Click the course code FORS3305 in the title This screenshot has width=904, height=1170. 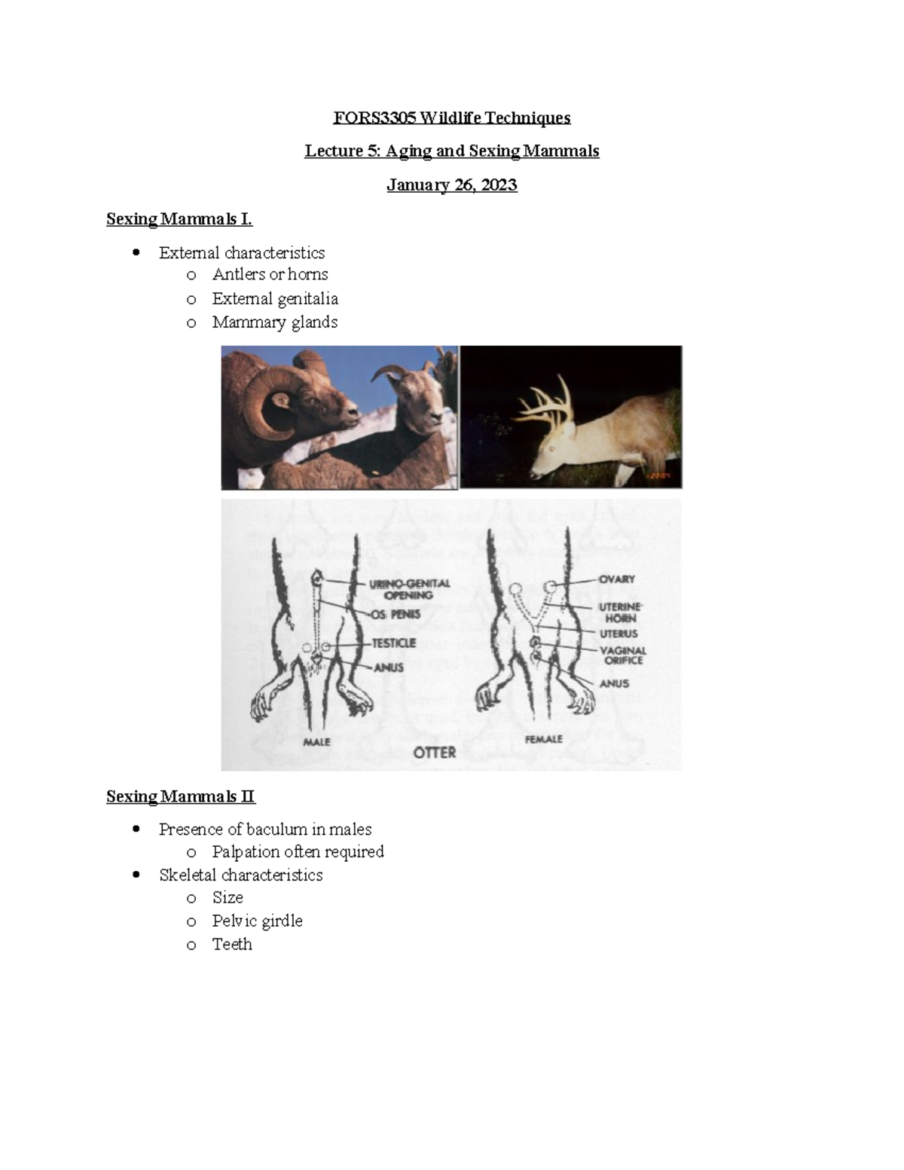coord(374,118)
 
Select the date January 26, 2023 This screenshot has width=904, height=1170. coord(451,185)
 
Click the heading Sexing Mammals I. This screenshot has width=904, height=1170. coord(179,219)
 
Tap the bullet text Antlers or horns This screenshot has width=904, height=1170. coord(270,274)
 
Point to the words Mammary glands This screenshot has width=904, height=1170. coord(274,322)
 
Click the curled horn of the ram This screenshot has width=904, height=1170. coord(265,399)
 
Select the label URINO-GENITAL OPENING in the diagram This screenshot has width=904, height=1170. coord(409,589)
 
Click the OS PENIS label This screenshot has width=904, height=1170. coord(395,615)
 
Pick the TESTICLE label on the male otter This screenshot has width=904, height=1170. coord(393,643)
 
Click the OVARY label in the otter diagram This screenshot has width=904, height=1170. coord(616,579)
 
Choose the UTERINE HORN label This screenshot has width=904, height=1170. coord(620,612)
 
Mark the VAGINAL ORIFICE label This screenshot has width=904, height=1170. coord(622,655)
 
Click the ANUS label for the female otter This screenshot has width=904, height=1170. coord(614,684)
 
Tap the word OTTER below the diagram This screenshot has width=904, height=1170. coord(435,752)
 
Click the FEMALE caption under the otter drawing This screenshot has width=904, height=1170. coord(543,740)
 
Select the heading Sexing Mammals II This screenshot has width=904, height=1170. coord(181,797)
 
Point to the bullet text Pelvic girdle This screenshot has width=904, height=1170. coord(257,921)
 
